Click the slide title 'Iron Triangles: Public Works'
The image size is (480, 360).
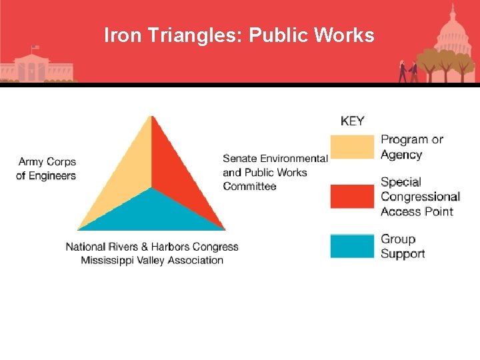(239, 35)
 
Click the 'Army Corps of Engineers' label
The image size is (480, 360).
(47, 169)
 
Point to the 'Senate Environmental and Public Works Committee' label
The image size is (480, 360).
(275, 172)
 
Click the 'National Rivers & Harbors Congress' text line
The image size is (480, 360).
(152, 247)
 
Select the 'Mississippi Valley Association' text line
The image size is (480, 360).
(152, 260)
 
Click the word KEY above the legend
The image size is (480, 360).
(353, 121)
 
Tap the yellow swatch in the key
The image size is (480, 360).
(352, 147)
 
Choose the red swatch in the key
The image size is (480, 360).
(352, 196)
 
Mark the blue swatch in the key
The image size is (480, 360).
(352, 246)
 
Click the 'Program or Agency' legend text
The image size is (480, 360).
(411, 147)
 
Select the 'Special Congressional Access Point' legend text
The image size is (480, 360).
(420, 196)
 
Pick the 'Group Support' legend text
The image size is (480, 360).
(403, 246)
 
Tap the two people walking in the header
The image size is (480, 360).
(408, 71)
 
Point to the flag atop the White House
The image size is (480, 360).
(35, 48)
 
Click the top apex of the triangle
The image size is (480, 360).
(152, 117)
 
